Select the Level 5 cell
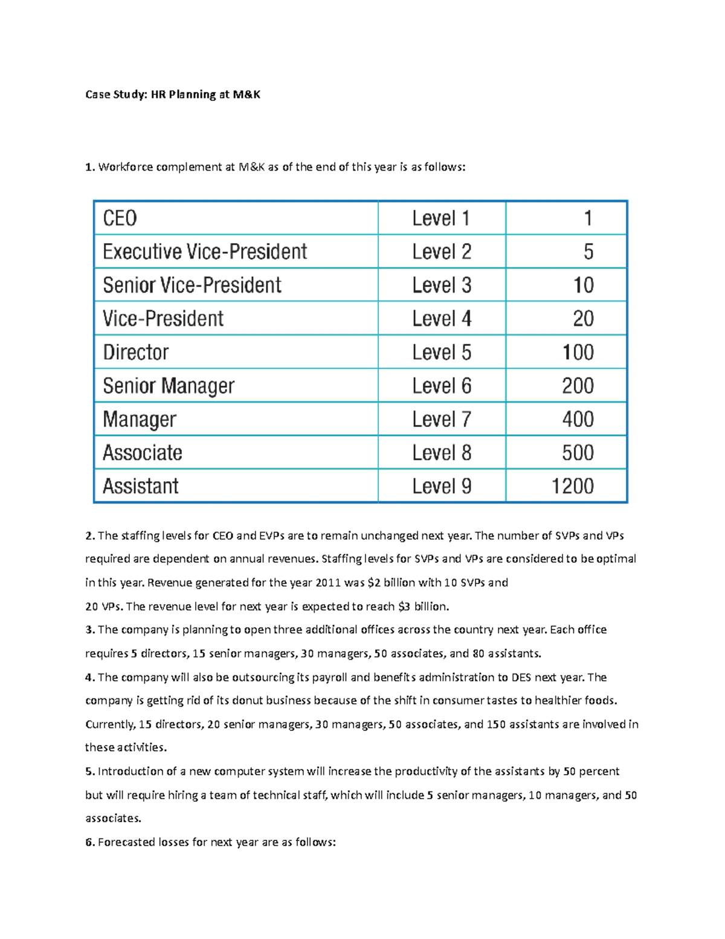[x=441, y=353]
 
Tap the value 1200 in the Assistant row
[x=572, y=486]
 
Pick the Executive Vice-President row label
[x=205, y=252]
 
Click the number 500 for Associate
[x=578, y=453]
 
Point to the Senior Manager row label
[x=169, y=386]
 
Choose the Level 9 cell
[x=441, y=486]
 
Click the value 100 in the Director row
[x=578, y=353]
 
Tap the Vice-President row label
[x=163, y=319]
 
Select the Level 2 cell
[x=441, y=252]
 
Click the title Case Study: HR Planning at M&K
[x=173, y=94]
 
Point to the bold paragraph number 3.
[x=89, y=629]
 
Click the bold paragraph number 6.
[x=89, y=842]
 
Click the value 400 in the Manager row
[x=578, y=419]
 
